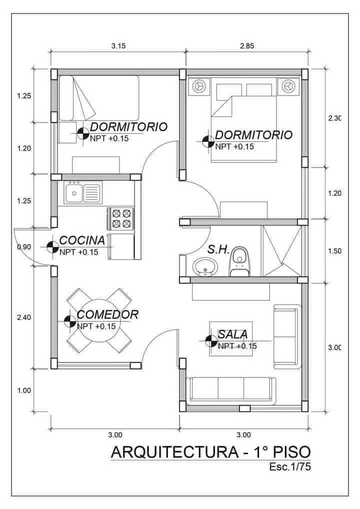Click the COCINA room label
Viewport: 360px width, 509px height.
[x=82, y=240]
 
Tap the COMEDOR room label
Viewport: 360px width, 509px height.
[x=107, y=314]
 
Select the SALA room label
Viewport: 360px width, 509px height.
[x=232, y=334]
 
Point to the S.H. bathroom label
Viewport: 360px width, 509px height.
[x=218, y=249]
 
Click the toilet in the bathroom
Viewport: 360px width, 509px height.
[x=240, y=261]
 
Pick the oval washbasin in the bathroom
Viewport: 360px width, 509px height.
[x=205, y=267]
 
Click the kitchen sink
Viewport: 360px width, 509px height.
[x=83, y=192]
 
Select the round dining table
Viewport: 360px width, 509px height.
[x=99, y=320]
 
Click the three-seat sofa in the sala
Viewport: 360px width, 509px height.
[x=230, y=390]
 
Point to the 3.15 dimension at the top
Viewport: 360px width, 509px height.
[x=118, y=46]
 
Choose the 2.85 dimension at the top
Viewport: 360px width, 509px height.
[x=247, y=46]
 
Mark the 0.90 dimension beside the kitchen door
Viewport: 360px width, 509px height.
[x=24, y=247]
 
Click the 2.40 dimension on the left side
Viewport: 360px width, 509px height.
[x=24, y=317]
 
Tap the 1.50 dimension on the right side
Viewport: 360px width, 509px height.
[x=335, y=251]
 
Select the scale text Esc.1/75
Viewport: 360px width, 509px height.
[x=290, y=467]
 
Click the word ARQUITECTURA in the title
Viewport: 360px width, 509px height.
[x=175, y=452]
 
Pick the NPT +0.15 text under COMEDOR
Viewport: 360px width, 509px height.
[x=96, y=326]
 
